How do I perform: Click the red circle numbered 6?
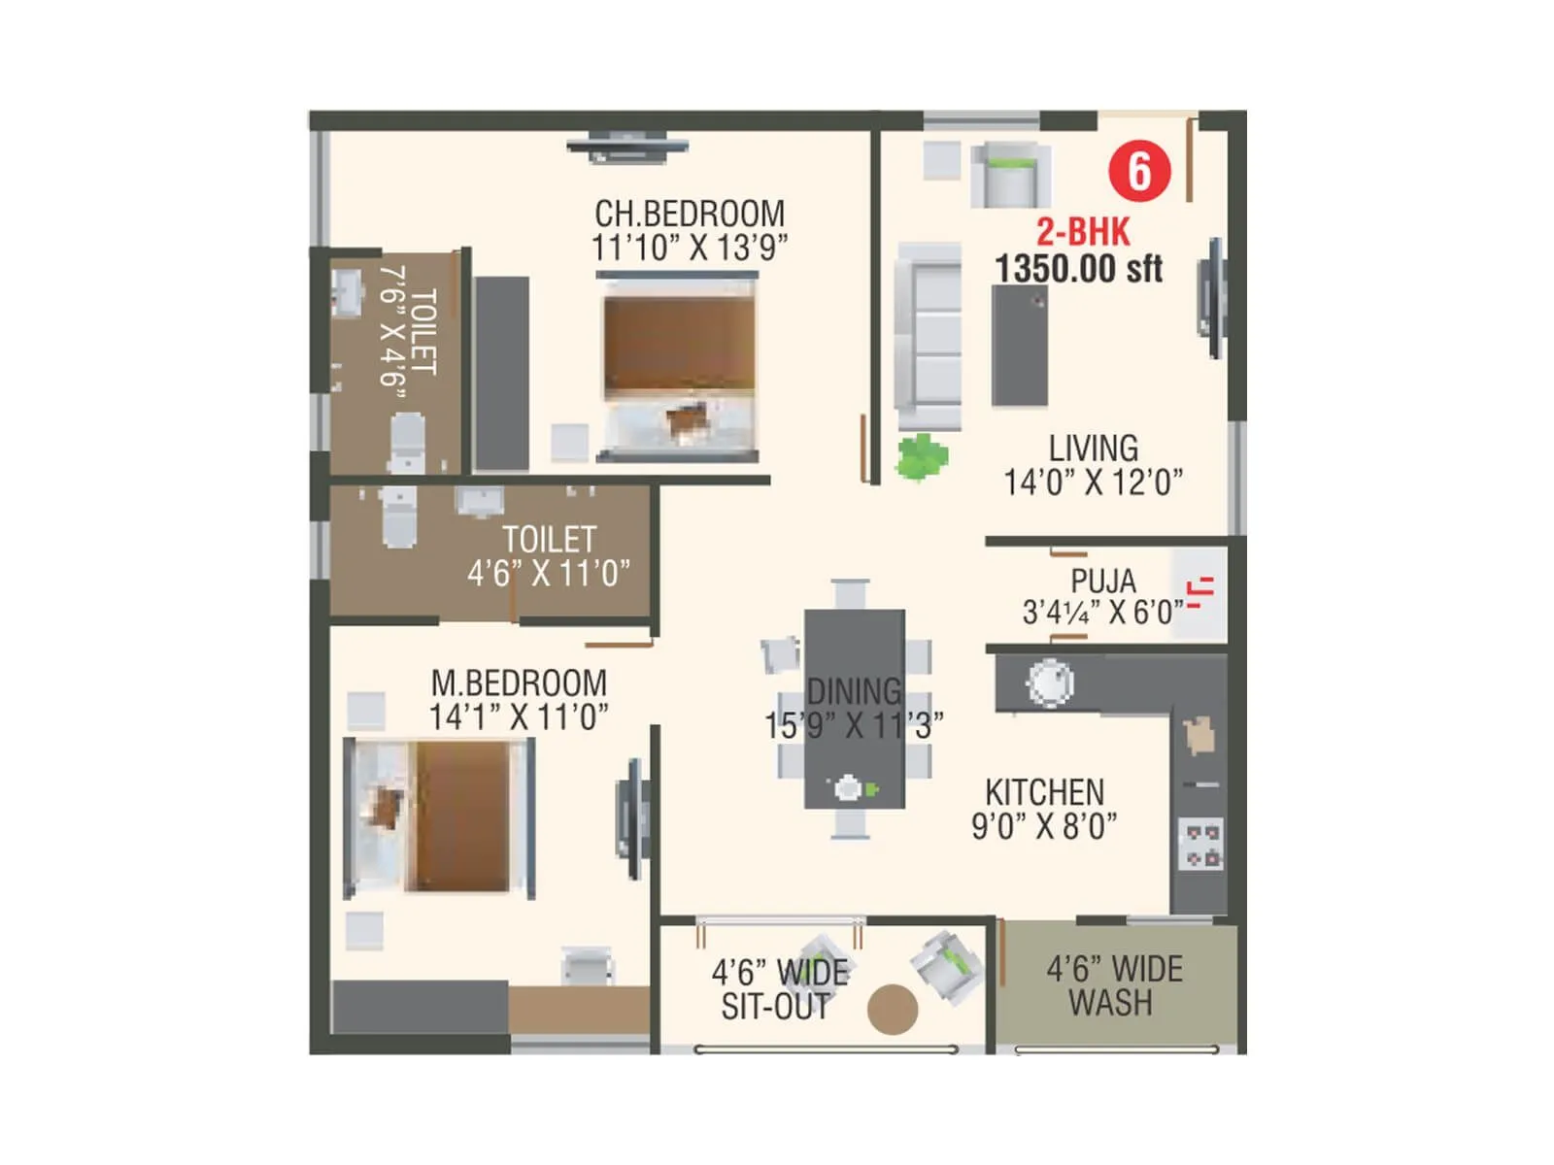coord(1139,172)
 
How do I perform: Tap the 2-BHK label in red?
coord(1083,232)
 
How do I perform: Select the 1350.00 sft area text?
coord(1078,269)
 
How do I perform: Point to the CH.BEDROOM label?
coord(689,214)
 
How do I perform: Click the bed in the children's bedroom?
coord(678,364)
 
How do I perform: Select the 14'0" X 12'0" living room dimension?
coord(1093,482)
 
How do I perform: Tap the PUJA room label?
coord(1102,582)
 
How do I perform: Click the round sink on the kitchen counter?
coord(1050,682)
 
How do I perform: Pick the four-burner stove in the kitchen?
coord(1201,845)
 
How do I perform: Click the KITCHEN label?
coord(1044,791)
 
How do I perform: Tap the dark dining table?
coord(854,709)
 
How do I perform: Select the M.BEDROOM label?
coord(519,682)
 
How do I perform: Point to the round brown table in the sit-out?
coord(892,1010)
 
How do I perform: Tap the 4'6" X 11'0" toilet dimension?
coord(548,574)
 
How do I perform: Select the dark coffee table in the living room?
coord(1019,346)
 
